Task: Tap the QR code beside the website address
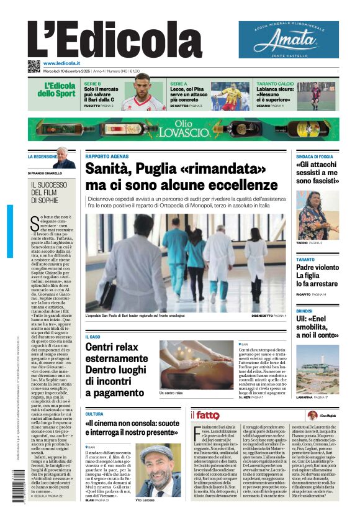(x=34, y=66)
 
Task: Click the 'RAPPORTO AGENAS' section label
(x=107, y=156)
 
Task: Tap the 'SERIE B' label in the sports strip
(x=92, y=83)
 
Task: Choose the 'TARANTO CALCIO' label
(x=275, y=83)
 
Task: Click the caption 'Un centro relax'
(x=171, y=393)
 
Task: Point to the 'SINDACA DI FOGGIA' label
(x=314, y=157)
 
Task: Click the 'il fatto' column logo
(x=205, y=415)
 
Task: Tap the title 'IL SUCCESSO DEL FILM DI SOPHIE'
(x=50, y=192)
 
